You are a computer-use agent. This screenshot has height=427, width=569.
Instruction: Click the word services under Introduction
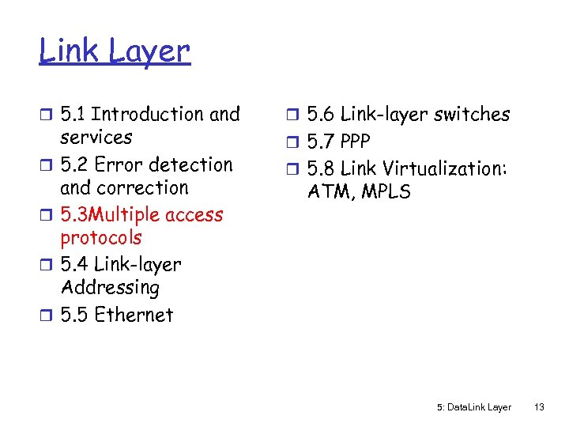[96, 138]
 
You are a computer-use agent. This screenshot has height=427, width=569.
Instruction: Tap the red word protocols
[100, 238]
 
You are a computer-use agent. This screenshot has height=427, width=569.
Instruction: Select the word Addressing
[109, 288]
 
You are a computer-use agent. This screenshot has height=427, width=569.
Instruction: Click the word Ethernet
[133, 315]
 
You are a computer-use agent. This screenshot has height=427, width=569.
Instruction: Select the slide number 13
[539, 407]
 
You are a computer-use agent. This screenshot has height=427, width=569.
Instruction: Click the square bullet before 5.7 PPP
[292, 142]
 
